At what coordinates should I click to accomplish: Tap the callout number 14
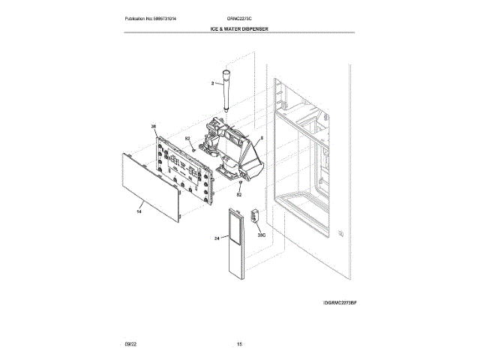click(x=139, y=212)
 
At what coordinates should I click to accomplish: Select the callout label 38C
click(x=262, y=235)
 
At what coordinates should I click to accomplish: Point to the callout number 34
click(x=216, y=238)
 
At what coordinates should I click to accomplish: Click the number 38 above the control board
click(x=154, y=127)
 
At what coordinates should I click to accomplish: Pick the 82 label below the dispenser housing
click(x=239, y=194)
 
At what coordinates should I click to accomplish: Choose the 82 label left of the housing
click(x=187, y=139)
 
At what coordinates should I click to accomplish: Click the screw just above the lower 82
click(x=239, y=182)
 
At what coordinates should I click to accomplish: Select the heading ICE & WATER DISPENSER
click(x=239, y=28)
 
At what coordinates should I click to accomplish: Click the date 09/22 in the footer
click(x=130, y=343)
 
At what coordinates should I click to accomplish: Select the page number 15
click(x=239, y=343)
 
